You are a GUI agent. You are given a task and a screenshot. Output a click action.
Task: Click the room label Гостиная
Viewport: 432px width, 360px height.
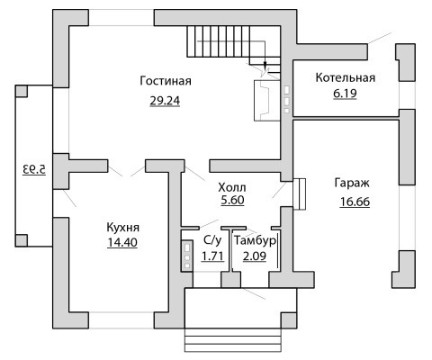(166, 81)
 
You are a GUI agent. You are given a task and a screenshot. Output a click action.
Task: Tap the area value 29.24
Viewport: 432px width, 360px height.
(165, 101)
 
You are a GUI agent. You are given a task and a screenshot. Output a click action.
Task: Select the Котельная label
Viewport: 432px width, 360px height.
(346, 77)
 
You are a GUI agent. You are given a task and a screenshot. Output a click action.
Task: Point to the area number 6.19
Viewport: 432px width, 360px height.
(345, 94)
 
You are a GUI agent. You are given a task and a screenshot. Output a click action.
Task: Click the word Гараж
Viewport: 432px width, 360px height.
(352, 183)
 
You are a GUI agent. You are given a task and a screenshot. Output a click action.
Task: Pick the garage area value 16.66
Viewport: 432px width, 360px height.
(355, 202)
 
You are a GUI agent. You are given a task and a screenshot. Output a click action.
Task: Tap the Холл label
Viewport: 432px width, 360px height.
(232, 187)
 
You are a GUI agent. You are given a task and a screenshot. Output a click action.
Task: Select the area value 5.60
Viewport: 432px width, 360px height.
(232, 200)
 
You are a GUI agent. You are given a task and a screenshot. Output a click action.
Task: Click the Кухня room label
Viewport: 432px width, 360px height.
(123, 228)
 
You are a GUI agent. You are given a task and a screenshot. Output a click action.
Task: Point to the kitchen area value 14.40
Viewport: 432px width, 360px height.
(122, 242)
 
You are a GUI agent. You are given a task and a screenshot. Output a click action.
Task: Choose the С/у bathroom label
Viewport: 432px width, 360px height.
(212, 240)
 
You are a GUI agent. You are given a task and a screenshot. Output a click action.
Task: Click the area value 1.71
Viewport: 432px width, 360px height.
(212, 256)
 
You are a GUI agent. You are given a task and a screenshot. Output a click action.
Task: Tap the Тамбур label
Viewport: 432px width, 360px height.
(255, 240)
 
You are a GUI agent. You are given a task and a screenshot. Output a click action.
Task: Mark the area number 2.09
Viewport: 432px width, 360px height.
(255, 256)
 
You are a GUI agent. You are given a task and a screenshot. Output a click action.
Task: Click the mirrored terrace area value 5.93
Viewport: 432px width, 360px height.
(34, 169)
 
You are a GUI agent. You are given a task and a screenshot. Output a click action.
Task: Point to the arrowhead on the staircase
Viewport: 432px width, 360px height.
(265, 65)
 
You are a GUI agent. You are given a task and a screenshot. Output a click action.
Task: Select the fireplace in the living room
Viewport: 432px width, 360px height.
(267, 100)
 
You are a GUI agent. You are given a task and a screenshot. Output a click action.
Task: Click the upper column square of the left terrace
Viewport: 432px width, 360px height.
(22, 91)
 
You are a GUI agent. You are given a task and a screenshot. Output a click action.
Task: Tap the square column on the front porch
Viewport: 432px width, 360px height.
(289, 320)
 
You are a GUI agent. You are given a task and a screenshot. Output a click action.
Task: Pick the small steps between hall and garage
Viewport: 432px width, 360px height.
(299, 194)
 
